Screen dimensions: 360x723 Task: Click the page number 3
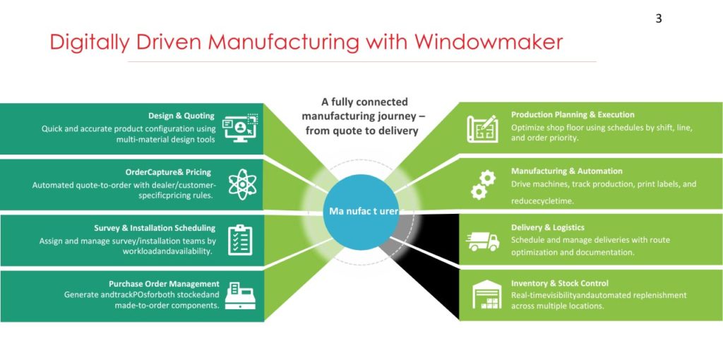pos(659,18)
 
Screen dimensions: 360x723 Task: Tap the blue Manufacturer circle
pos(364,211)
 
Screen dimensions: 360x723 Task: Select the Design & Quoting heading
pos(181,116)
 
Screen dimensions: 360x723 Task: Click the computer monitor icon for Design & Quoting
pos(241,128)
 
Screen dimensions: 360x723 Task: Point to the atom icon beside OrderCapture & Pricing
pos(242,184)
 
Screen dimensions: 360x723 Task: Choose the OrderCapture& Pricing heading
pos(168,172)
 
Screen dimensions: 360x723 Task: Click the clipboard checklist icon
pos(240,240)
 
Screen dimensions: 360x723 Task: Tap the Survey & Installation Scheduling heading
pos(155,228)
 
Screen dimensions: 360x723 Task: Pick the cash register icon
pos(240,295)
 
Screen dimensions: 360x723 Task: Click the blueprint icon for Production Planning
pos(482,128)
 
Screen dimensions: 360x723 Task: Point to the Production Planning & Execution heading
pos(573,114)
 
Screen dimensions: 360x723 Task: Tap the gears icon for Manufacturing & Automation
pos(483,184)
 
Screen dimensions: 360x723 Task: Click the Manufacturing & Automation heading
pos(566,171)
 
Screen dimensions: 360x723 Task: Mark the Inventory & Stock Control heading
pos(560,283)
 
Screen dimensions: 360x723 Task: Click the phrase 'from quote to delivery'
pos(362,131)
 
